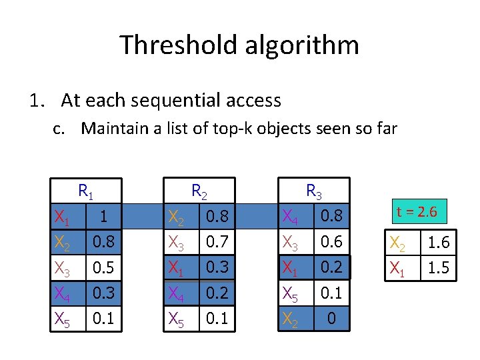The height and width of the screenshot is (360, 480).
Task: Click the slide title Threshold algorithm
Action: pos(239,45)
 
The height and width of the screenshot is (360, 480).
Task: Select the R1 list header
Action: pos(86,191)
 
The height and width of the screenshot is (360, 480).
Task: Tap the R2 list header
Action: pos(199,191)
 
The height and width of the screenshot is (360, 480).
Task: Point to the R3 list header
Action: pos(313,191)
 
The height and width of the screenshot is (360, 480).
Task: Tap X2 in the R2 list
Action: pos(177,216)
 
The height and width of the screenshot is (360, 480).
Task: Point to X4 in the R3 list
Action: pos(291,216)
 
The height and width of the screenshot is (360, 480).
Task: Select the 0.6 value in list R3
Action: pos(331,241)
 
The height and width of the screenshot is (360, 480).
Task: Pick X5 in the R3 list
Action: pos(291,293)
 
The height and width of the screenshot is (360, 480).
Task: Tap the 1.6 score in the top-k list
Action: pos(437,243)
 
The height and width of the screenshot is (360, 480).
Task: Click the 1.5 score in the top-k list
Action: pos(437,268)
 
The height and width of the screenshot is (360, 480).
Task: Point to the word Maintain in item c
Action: pos(113,128)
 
